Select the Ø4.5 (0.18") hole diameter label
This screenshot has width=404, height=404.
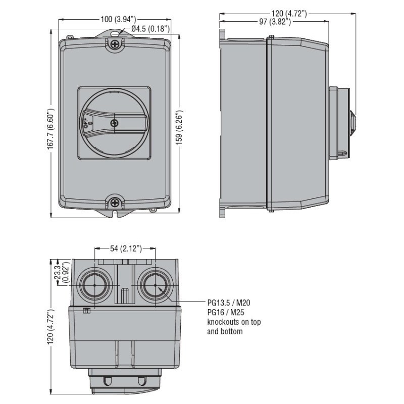click(x=150, y=29)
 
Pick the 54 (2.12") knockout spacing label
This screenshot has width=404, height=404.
click(x=126, y=248)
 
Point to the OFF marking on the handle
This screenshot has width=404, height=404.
click(x=85, y=121)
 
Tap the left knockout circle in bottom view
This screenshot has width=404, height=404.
click(x=94, y=286)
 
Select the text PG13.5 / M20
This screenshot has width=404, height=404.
click(x=228, y=303)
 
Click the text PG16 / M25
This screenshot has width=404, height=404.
click(x=226, y=313)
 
